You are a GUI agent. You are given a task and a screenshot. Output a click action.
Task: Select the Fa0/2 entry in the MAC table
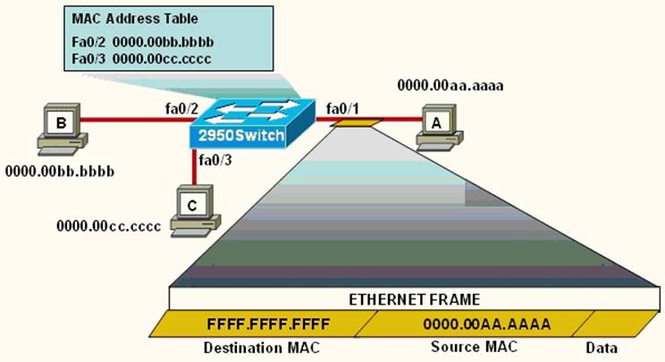click(88, 41)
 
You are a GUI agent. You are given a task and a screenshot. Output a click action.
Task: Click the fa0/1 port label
click(342, 108)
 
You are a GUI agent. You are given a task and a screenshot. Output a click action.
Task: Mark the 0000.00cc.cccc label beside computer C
click(108, 226)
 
